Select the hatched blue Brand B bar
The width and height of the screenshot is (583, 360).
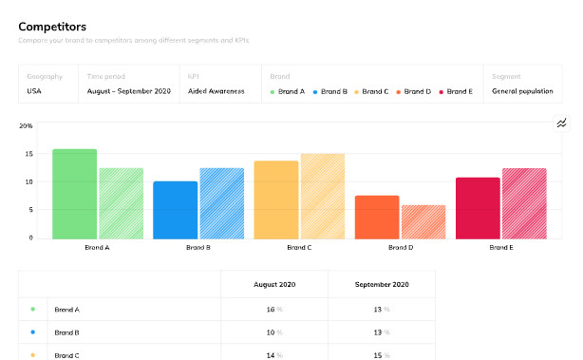tap(221, 202)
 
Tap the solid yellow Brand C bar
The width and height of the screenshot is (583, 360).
tap(275, 199)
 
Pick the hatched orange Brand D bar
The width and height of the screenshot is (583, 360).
tap(423, 220)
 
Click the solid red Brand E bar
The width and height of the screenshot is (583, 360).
tap(478, 207)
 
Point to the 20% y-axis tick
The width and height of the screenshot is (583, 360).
tap(26, 125)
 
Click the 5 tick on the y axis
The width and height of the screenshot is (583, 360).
tap(30, 209)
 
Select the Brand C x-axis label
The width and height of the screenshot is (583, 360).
tap(298, 247)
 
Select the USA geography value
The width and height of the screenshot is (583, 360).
tap(35, 92)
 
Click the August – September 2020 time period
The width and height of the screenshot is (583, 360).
tap(128, 92)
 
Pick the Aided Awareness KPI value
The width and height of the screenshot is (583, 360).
tap(216, 92)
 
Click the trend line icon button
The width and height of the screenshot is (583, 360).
tap(561, 123)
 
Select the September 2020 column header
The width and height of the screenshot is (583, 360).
tap(382, 284)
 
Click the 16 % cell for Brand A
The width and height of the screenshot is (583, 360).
tap(274, 310)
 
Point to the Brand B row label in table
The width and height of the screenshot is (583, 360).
tap(66, 332)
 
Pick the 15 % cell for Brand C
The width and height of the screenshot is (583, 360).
tap(382, 355)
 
